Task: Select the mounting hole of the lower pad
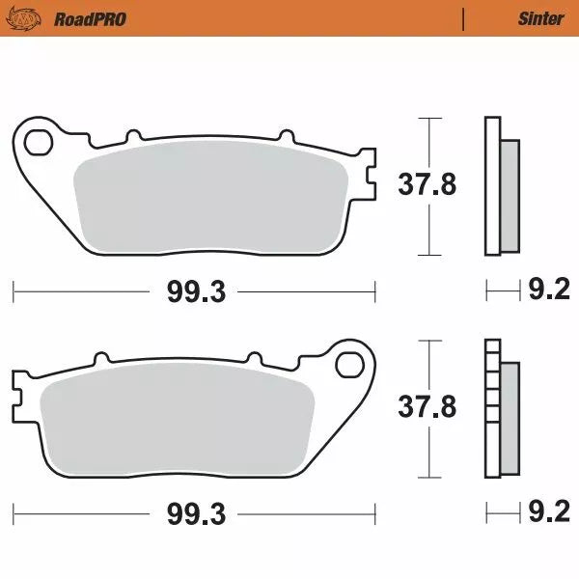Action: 348,365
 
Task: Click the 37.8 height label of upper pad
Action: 427,184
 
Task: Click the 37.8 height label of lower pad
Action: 427,407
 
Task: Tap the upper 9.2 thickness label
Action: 548,289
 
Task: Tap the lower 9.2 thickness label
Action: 548,512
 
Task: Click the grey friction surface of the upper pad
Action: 212,200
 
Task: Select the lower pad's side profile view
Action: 501,409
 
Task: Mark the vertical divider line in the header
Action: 464,18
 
